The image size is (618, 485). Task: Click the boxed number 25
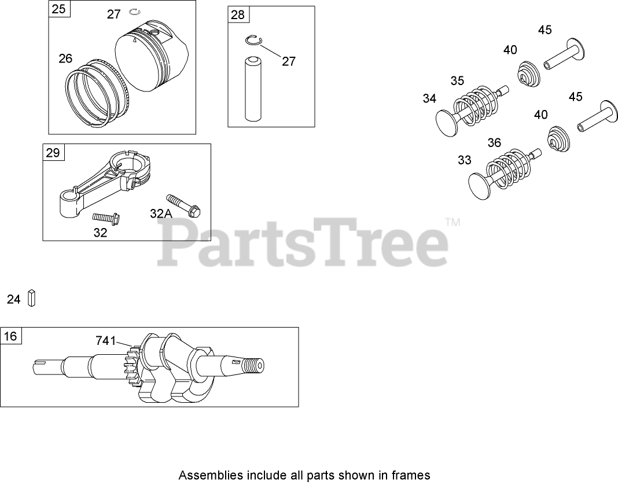pyautogui.click(x=58, y=9)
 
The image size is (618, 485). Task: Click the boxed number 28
pyautogui.click(x=238, y=15)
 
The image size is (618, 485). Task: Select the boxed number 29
pyautogui.click(x=53, y=153)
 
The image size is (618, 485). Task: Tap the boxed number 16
pyautogui.click(x=11, y=336)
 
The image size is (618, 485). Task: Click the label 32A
pyautogui.click(x=161, y=214)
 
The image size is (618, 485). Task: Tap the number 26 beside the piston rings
pyautogui.click(x=65, y=58)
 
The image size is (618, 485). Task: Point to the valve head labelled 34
pyautogui.click(x=448, y=123)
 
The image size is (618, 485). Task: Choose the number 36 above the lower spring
pyautogui.click(x=494, y=142)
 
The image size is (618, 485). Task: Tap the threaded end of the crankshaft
pyautogui.click(x=253, y=366)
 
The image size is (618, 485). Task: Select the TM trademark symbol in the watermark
pyautogui.click(x=453, y=222)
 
